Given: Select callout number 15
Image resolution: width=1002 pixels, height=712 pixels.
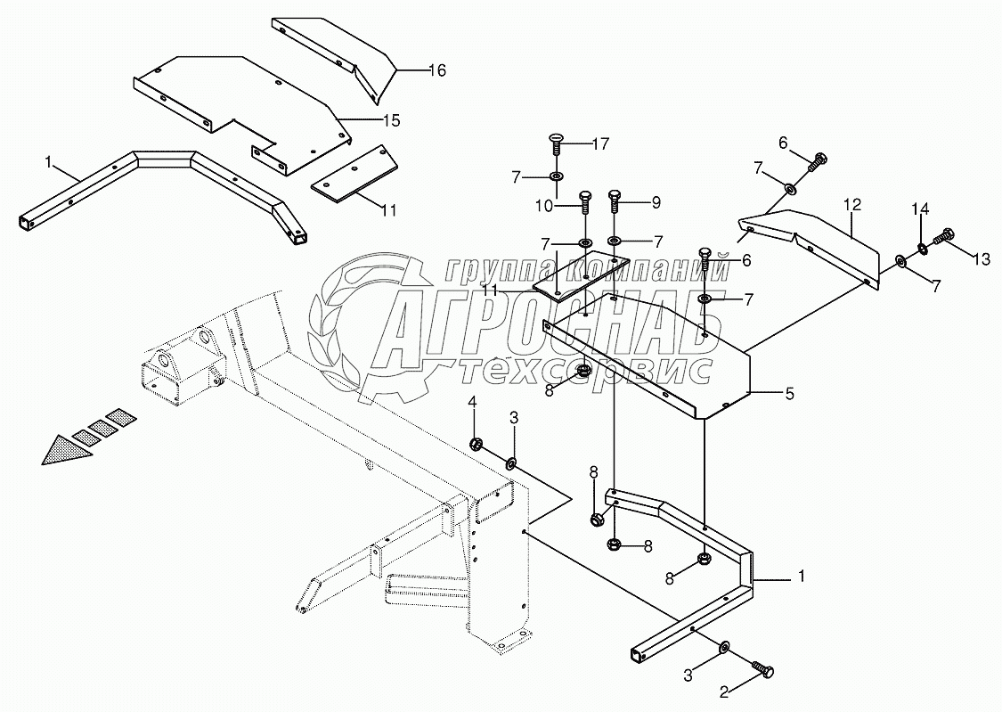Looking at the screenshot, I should click(x=390, y=119).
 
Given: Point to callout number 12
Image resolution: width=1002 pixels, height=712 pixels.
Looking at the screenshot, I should click(x=852, y=205).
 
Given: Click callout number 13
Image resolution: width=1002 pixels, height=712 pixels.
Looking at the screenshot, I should click(x=981, y=259).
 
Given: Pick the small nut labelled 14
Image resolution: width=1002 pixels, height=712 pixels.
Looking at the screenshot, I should click(x=922, y=247).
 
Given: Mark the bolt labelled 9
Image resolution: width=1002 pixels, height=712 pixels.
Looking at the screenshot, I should click(x=615, y=201).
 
